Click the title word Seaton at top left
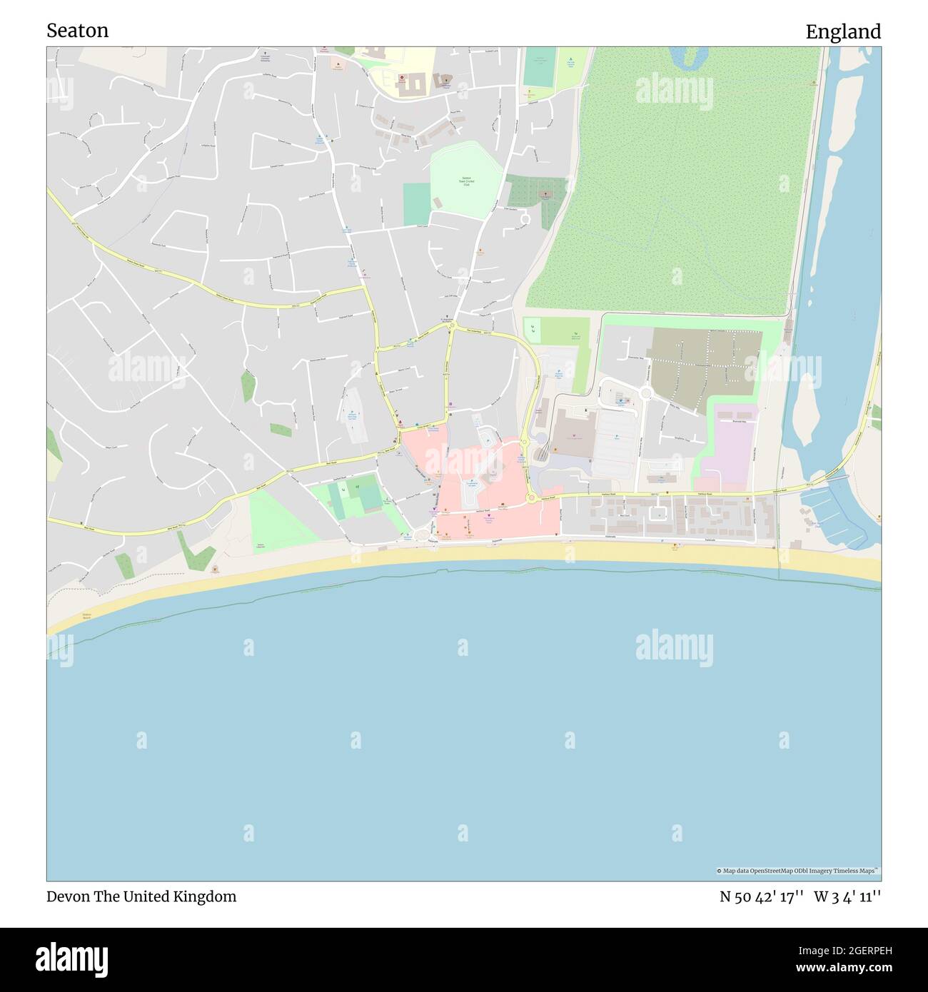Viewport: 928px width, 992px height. pos(78,31)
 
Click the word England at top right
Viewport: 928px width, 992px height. pos(843,31)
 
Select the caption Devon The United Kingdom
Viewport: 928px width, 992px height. pos(141,896)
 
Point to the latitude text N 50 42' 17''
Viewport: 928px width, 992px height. pos(762,896)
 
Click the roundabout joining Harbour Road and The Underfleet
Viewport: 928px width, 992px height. pos(531,498)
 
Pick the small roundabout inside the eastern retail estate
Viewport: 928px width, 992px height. pos(645,393)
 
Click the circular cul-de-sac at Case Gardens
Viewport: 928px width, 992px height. pos(525,217)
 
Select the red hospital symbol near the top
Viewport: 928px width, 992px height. pos(401,78)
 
